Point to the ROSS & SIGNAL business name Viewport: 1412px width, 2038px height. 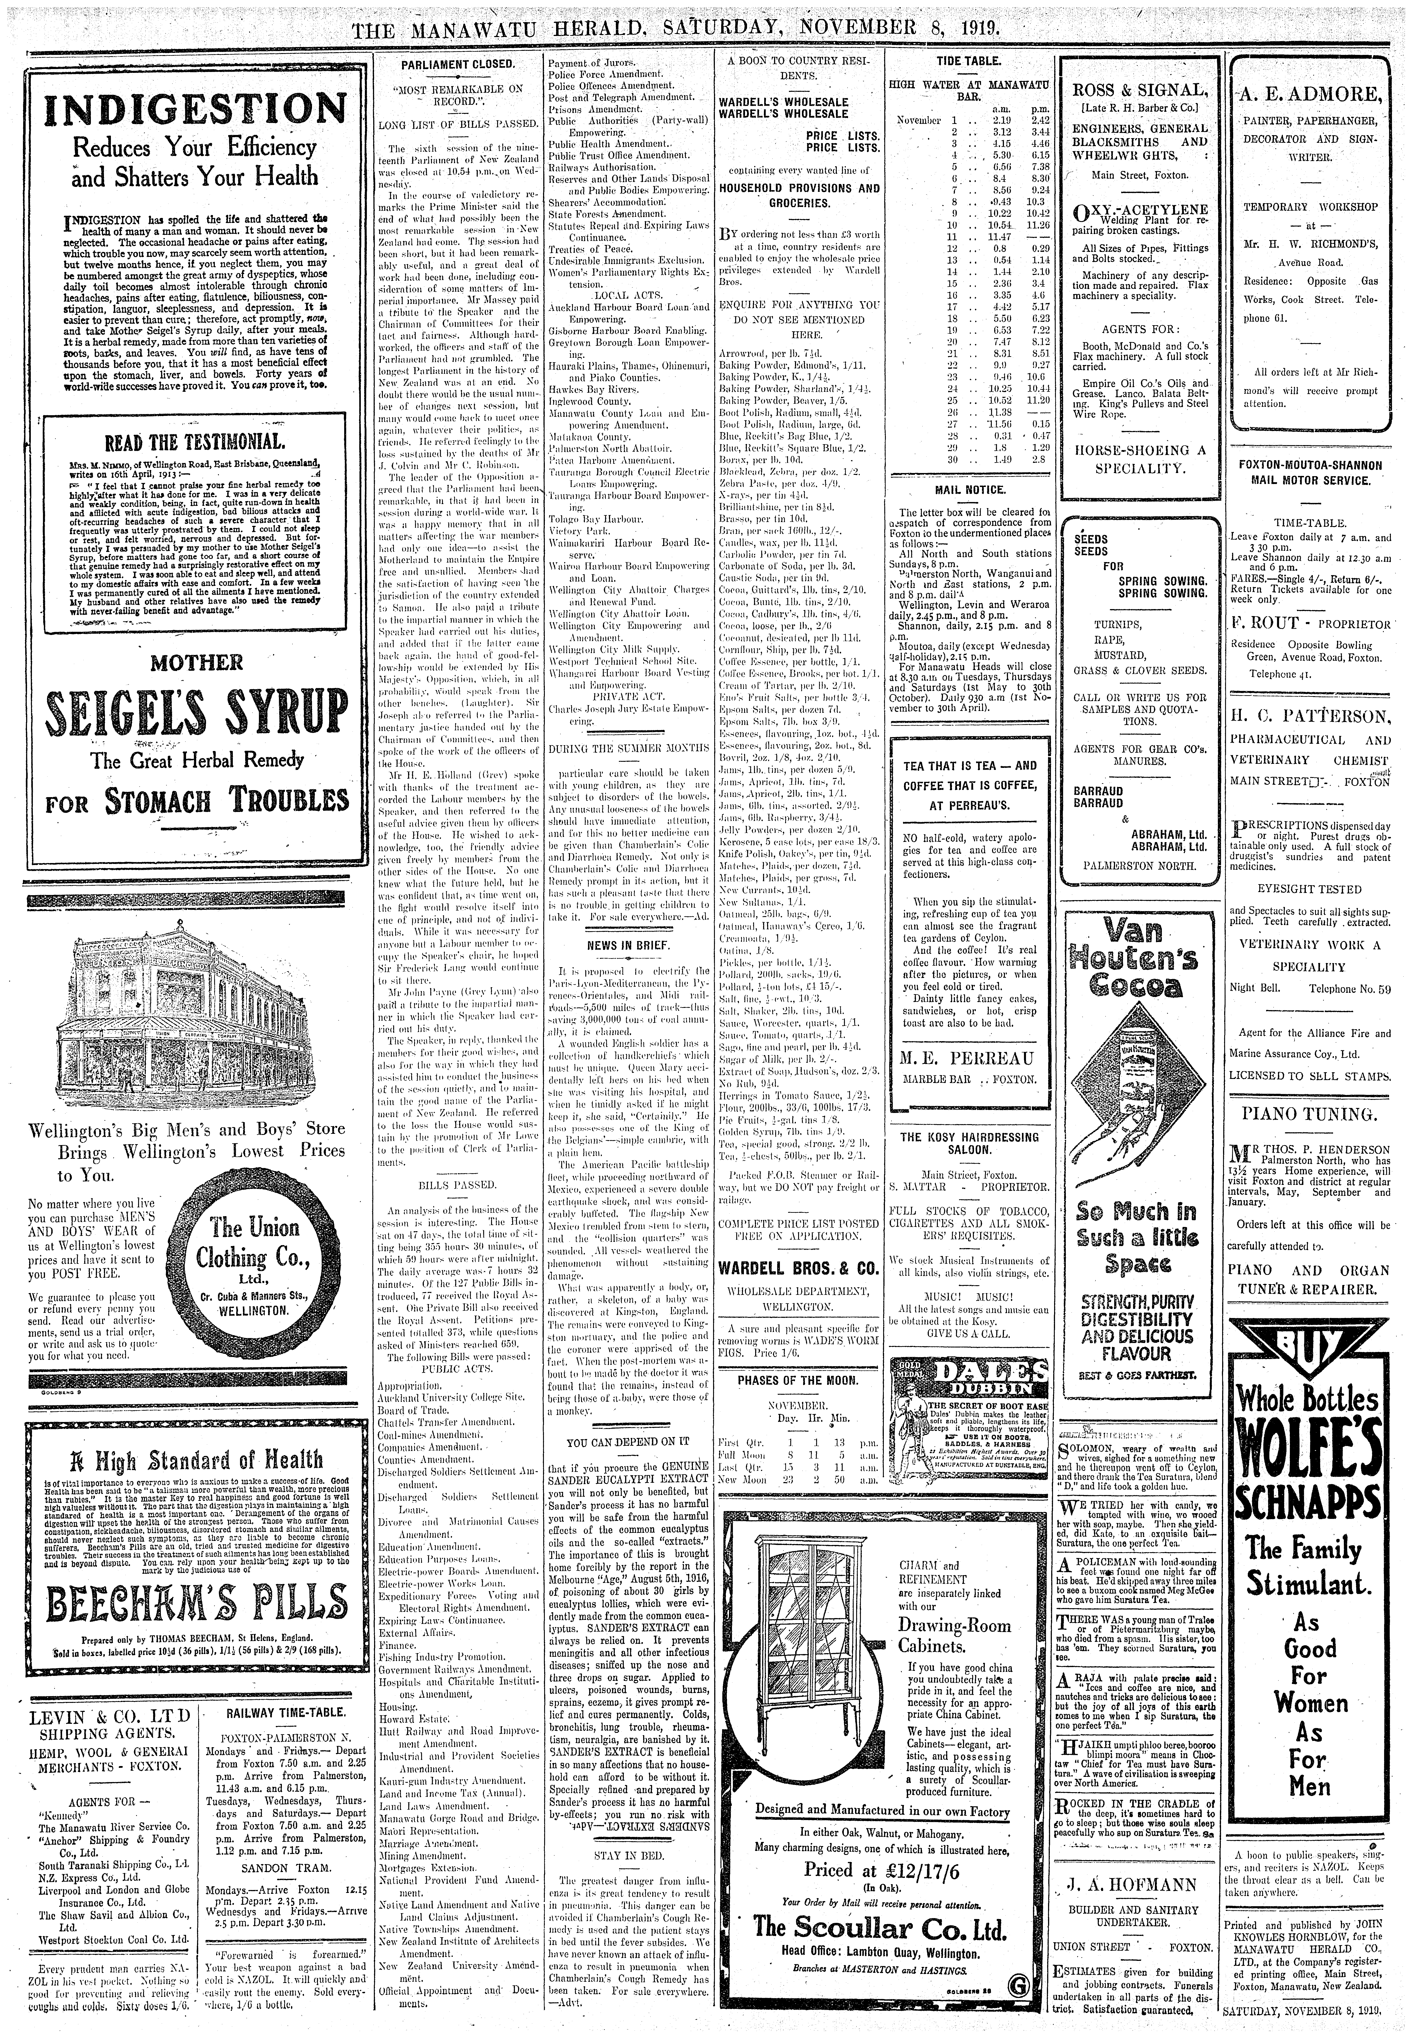click(1140, 89)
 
